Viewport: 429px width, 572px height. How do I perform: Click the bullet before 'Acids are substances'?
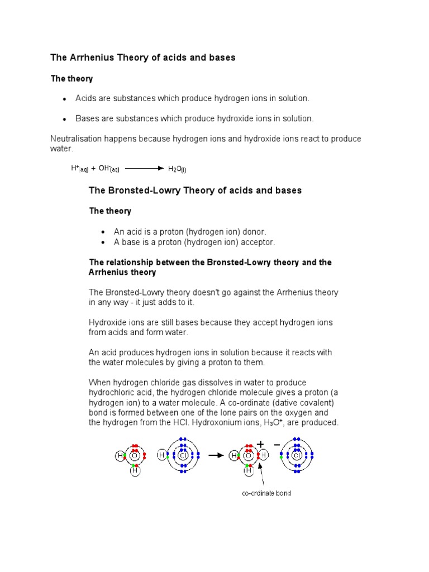point(65,99)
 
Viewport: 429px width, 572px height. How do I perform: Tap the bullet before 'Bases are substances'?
point(65,119)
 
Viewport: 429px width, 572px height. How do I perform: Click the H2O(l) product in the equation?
point(177,169)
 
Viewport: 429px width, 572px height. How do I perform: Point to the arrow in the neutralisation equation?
point(144,168)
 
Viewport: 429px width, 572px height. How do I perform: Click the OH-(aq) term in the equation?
point(109,168)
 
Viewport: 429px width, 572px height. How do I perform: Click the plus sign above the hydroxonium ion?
point(260,444)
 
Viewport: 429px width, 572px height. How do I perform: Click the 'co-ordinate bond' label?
point(266,493)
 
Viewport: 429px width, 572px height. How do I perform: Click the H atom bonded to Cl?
point(162,456)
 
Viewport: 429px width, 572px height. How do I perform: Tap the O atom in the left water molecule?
point(135,456)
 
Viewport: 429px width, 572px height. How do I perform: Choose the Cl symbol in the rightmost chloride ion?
point(297,456)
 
